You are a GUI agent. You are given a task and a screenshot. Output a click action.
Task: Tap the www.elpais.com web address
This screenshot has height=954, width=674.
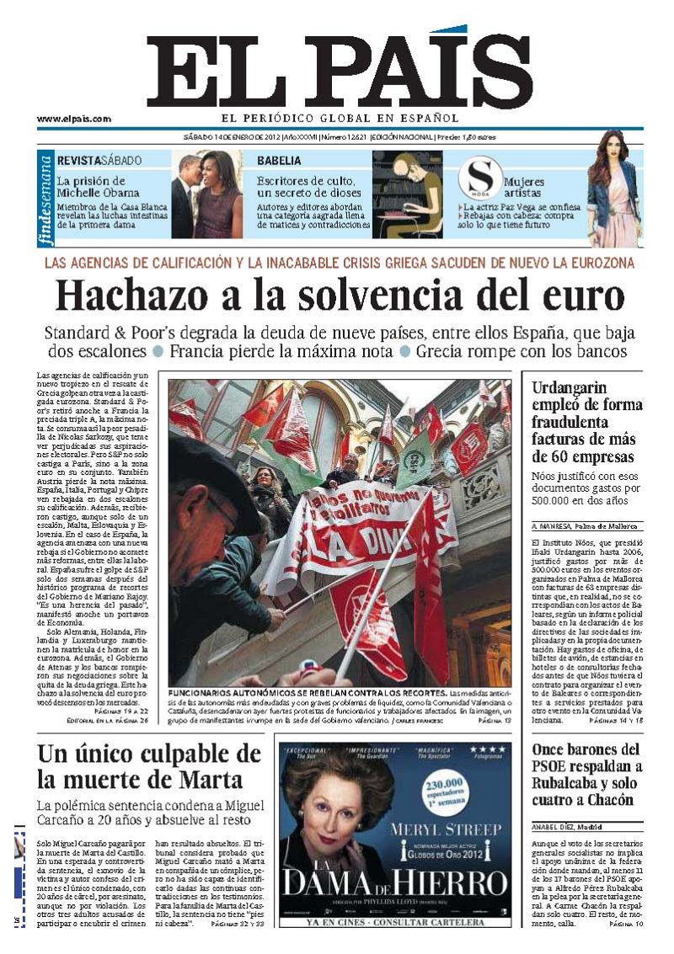(73, 119)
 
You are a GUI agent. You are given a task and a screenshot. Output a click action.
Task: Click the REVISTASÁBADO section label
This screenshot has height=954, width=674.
(99, 160)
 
